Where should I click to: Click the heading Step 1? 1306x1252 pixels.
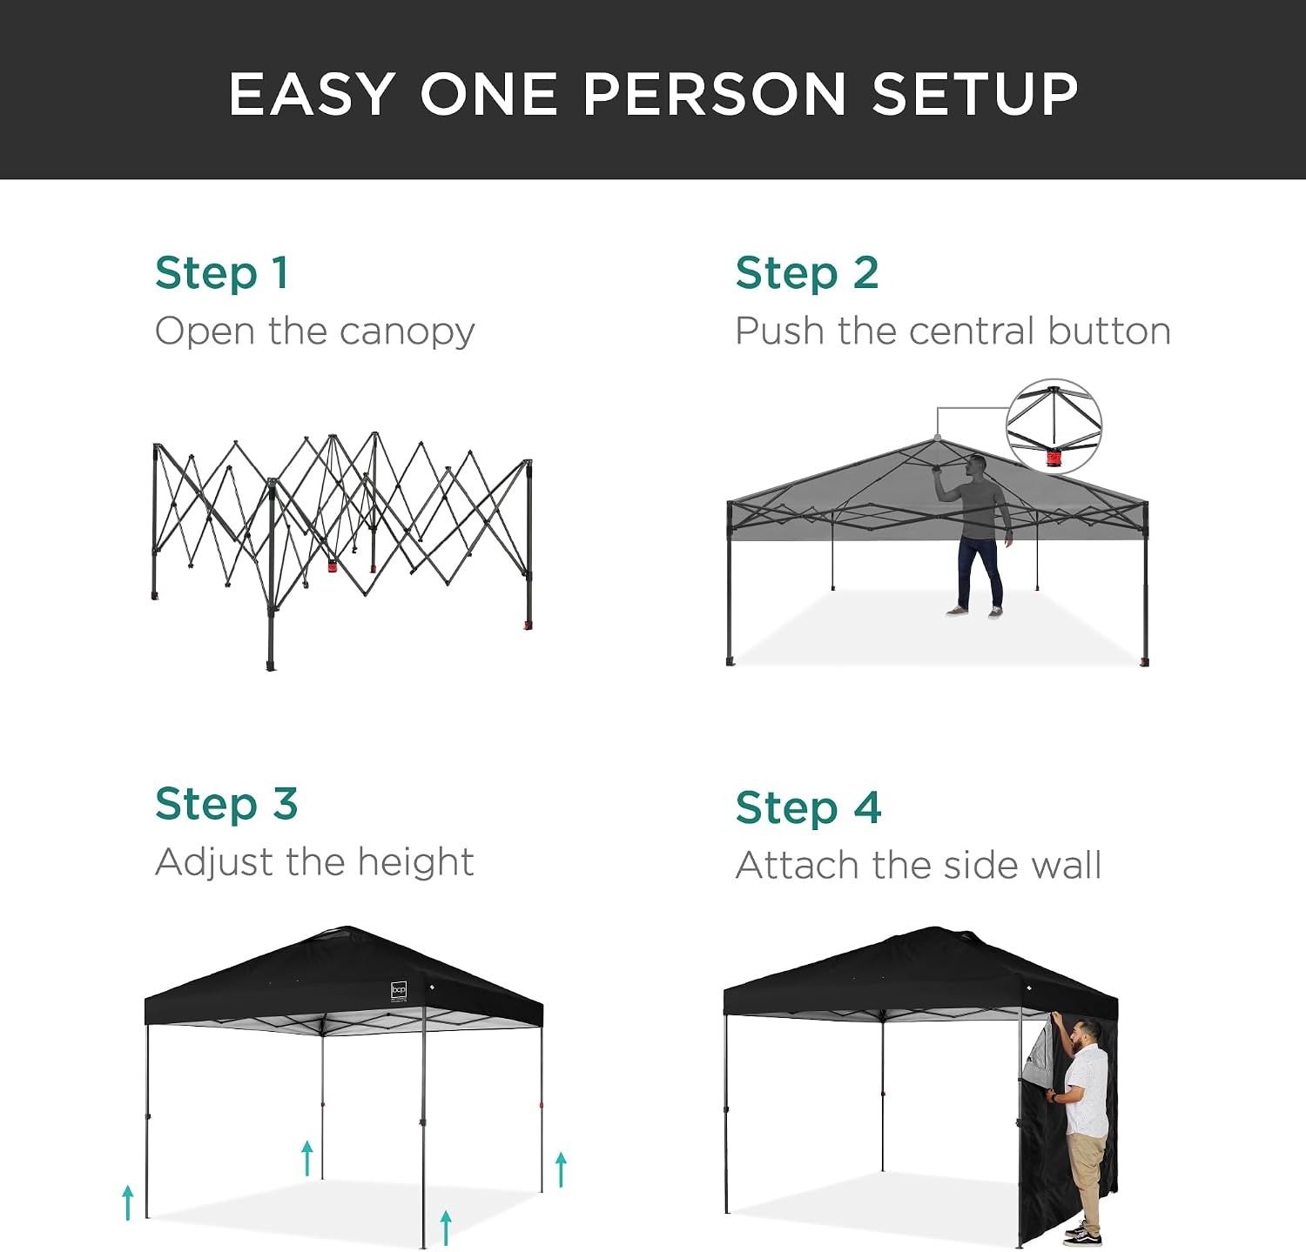click(x=221, y=273)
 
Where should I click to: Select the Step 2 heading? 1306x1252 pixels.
click(x=807, y=273)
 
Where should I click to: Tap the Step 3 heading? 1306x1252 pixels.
click(x=226, y=804)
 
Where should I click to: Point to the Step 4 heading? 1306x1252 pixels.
click(x=808, y=807)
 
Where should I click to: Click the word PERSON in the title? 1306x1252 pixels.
click(x=715, y=94)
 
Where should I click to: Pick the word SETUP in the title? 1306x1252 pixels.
click(x=975, y=94)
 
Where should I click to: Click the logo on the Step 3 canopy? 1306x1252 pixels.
click(x=399, y=990)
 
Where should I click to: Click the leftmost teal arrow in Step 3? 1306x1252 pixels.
click(x=128, y=1202)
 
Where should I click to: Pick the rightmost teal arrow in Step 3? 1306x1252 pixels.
click(x=561, y=1169)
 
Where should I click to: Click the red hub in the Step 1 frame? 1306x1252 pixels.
click(x=333, y=566)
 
